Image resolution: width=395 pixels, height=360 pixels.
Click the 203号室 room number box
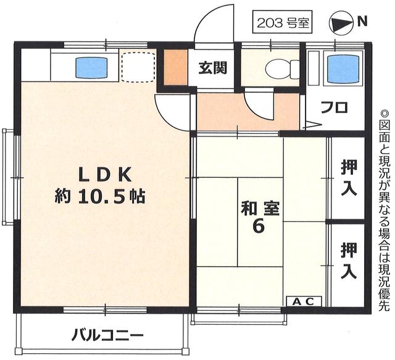[x=281, y=23]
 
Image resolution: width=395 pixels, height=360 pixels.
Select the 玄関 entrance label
[x=212, y=67]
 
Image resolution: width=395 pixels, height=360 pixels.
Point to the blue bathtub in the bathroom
[x=341, y=69]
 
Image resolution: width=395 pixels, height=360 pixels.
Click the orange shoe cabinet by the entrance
[x=175, y=67]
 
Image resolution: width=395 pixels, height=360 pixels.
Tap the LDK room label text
[x=105, y=175]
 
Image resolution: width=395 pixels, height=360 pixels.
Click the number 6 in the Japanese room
[x=259, y=227]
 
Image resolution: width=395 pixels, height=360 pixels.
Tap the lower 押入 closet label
[x=349, y=260]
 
